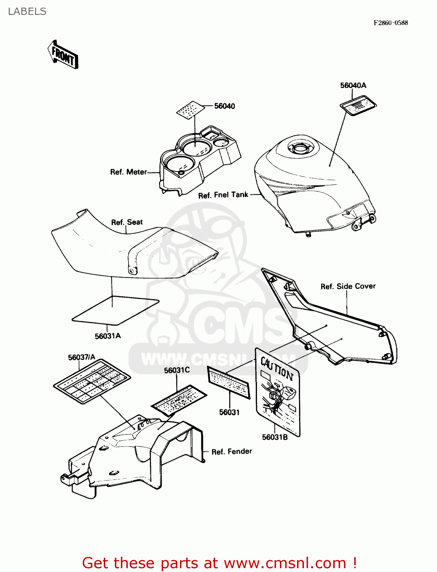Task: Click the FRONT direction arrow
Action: pyautogui.click(x=63, y=55)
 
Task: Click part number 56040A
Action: pyautogui.click(x=353, y=85)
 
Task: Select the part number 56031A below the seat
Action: pyautogui.click(x=108, y=336)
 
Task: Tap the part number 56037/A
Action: pyautogui.click(x=82, y=357)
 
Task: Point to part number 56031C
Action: pyautogui.click(x=177, y=370)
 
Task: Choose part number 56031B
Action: pyautogui.click(x=275, y=437)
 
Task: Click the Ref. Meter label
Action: pyautogui.click(x=128, y=172)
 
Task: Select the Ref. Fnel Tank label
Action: pyautogui.click(x=223, y=195)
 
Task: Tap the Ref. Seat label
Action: pyautogui.click(x=127, y=222)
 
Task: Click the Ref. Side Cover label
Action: pyautogui.click(x=348, y=286)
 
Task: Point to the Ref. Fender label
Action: pyautogui.click(x=231, y=451)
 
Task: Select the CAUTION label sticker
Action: pyautogui.click(x=278, y=392)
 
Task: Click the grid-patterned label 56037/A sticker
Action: pyautogui.click(x=92, y=382)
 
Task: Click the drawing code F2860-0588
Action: pyautogui.click(x=390, y=23)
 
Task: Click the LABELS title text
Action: pyautogui.click(x=27, y=11)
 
